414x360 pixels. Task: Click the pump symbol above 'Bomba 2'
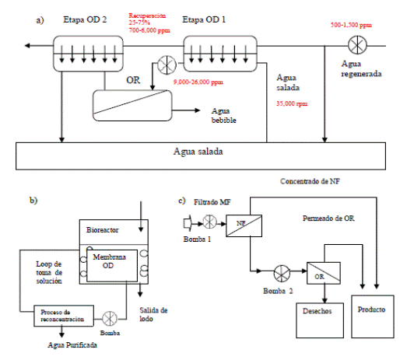[279, 272]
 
